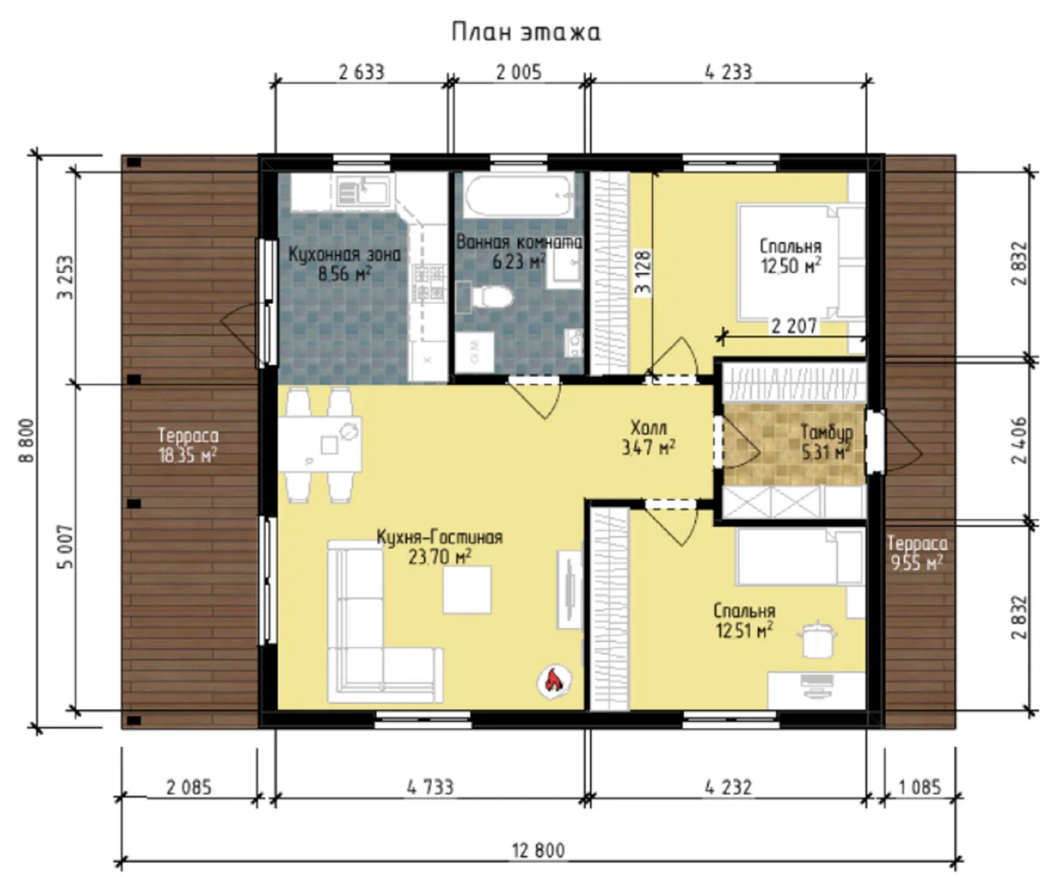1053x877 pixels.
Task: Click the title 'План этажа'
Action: (x=526, y=32)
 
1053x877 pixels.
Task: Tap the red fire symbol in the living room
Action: (x=555, y=682)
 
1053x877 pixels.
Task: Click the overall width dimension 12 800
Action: (x=538, y=851)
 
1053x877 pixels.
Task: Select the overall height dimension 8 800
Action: (x=27, y=440)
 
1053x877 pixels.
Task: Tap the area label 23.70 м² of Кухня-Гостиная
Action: (x=440, y=558)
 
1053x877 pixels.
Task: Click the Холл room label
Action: (x=649, y=428)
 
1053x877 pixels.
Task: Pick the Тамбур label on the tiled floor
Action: (x=827, y=433)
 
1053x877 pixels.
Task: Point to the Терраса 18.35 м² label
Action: (x=188, y=445)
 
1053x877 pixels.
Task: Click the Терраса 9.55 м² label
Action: (x=917, y=552)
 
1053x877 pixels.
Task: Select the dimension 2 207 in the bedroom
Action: (x=794, y=326)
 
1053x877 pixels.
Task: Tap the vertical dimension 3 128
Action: (x=643, y=272)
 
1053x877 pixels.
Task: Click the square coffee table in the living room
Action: (x=467, y=590)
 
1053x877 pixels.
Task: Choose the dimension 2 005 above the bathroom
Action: (x=519, y=72)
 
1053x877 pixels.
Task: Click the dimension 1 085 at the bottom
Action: (x=920, y=787)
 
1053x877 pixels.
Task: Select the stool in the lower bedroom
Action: (x=817, y=639)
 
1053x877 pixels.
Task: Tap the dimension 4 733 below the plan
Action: (x=430, y=787)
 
